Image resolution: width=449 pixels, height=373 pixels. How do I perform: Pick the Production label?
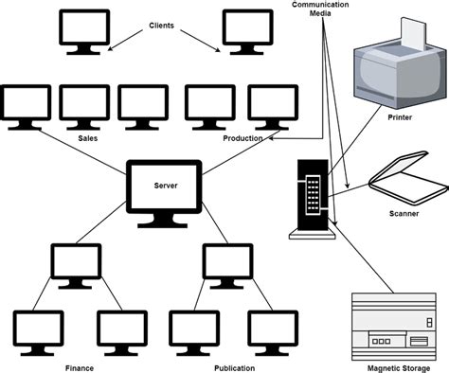242,139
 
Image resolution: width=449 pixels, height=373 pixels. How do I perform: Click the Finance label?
79,366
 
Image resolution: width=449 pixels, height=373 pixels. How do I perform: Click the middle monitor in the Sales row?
84,103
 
